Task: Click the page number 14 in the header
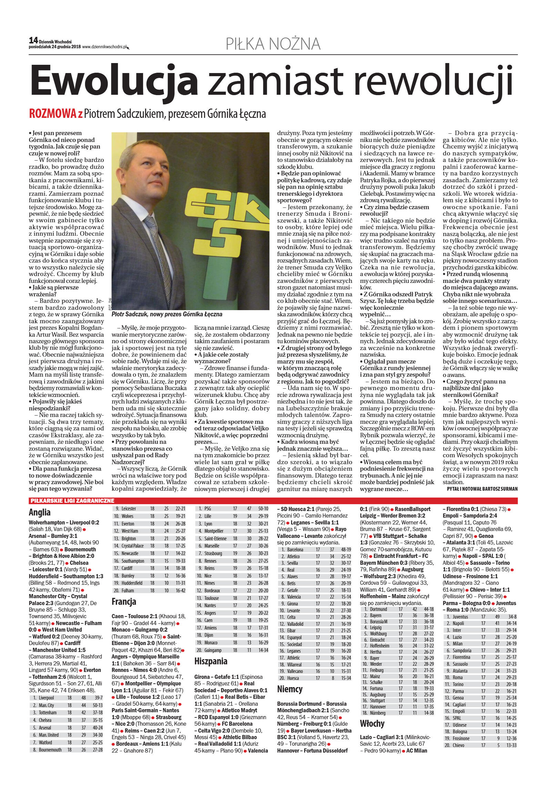pyautogui.click(x=33, y=41)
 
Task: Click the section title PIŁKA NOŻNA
pyautogui.click(x=273, y=44)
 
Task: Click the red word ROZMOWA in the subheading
pyautogui.click(x=53, y=114)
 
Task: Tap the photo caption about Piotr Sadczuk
pyautogui.click(x=167, y=314)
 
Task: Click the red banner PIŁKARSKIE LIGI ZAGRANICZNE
pyautogui.click(x=72, y=501)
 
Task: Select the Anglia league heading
pyautogui.click(x=40, y=512)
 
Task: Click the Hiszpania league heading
pyautogui.click(x=211, y=661)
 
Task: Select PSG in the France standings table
pyautogui.click(x=207, y=509)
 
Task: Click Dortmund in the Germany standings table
pyautogui.click(x=378, y=609)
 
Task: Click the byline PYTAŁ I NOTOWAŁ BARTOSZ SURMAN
pyautogui.click(x=482, y=489)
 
